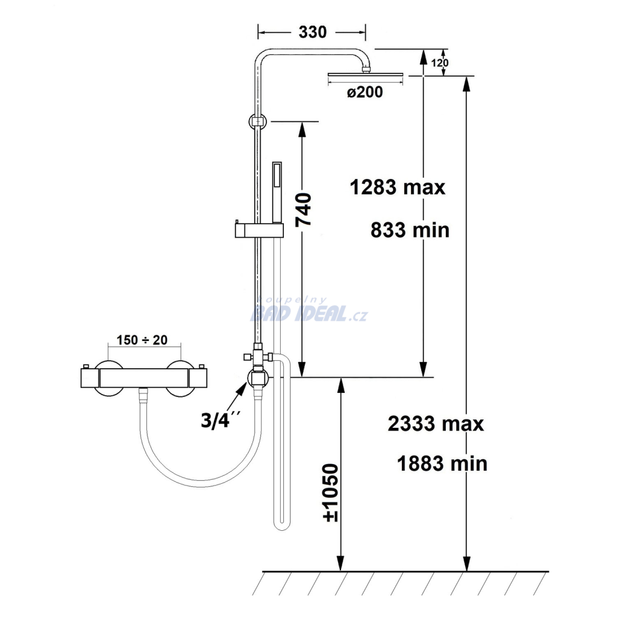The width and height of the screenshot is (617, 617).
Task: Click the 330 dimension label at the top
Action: click(313, 33)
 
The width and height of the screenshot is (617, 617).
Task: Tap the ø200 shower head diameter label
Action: click(365, 92)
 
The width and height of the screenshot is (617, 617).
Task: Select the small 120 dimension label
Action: click(439, 63)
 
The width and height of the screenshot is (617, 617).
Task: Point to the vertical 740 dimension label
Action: click(304, 209)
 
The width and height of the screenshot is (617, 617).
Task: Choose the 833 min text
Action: click(410, 230)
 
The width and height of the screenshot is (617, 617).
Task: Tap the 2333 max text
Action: click(436, 424)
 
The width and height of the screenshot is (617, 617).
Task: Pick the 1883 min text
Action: click(442, 463)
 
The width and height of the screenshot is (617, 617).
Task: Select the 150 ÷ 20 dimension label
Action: click(142, 340)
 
